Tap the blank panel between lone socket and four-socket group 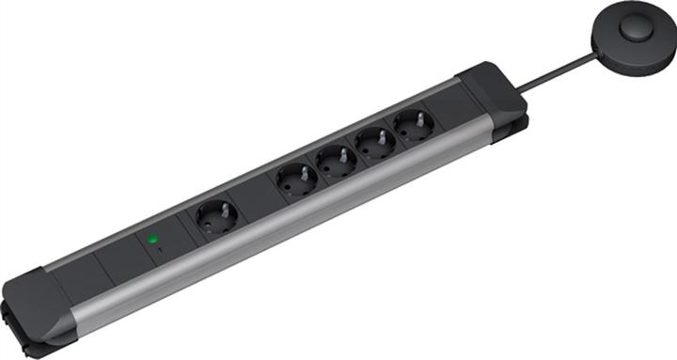pyautogui.click(x=253, y=199)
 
